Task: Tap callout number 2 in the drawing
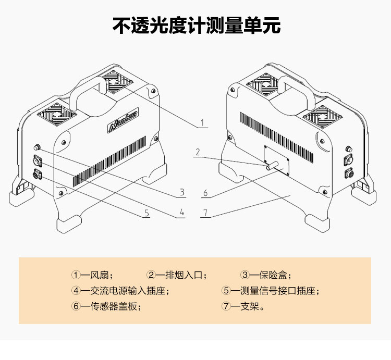pos(198,152)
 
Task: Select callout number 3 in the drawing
pos(182,192)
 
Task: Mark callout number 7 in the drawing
pos(205,212)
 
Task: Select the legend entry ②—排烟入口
pos(177,275)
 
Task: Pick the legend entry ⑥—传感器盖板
pos(106,306)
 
